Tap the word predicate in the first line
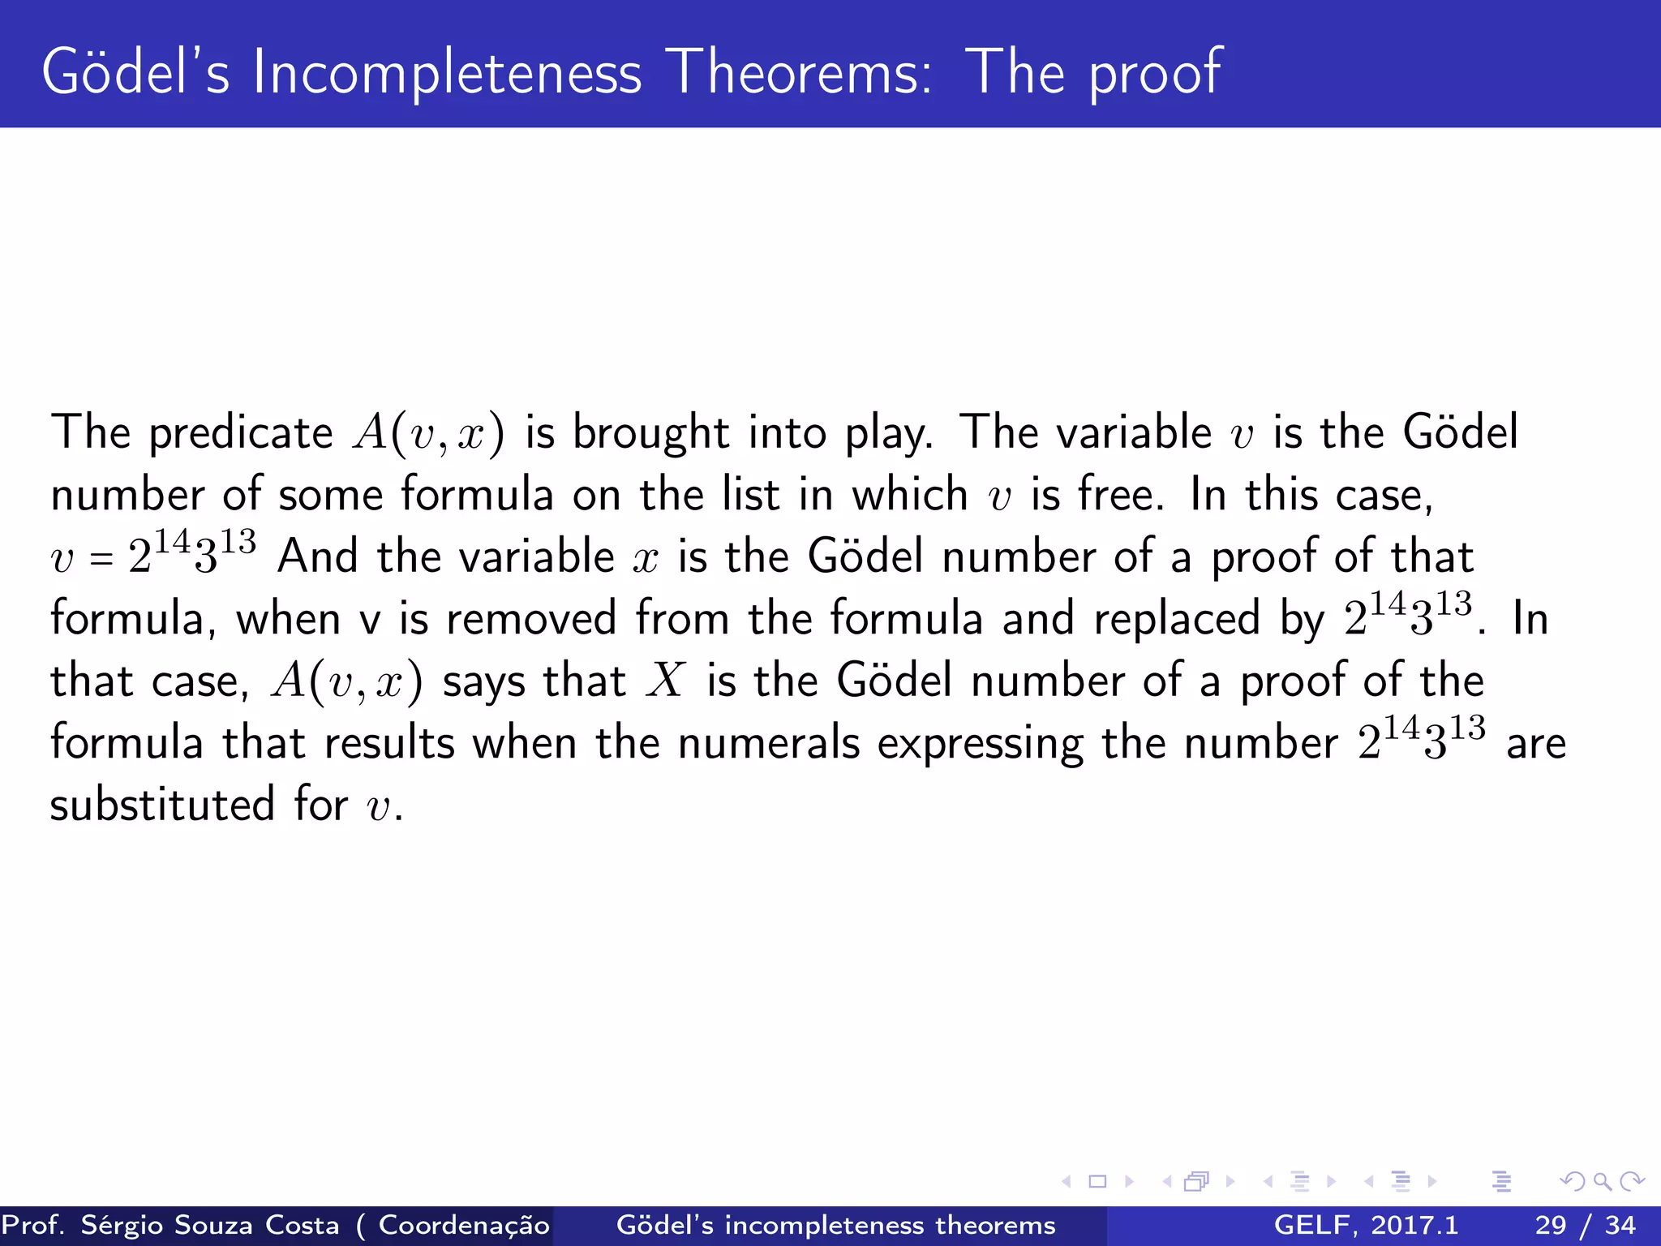(x=241, y=433)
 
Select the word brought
(x=650, y=433)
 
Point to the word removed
(x=531, y=619)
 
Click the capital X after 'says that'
(x=666, y=680)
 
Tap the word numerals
(x=768, y=743)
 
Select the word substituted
(x=162, y=805)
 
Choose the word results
(x=389, y=743)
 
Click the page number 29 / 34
(x=1585, y=1225)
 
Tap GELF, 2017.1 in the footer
(x=1366, y=1225)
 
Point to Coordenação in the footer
(x=464, y=1225)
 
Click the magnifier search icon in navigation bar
(x=1602, y=1181)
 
